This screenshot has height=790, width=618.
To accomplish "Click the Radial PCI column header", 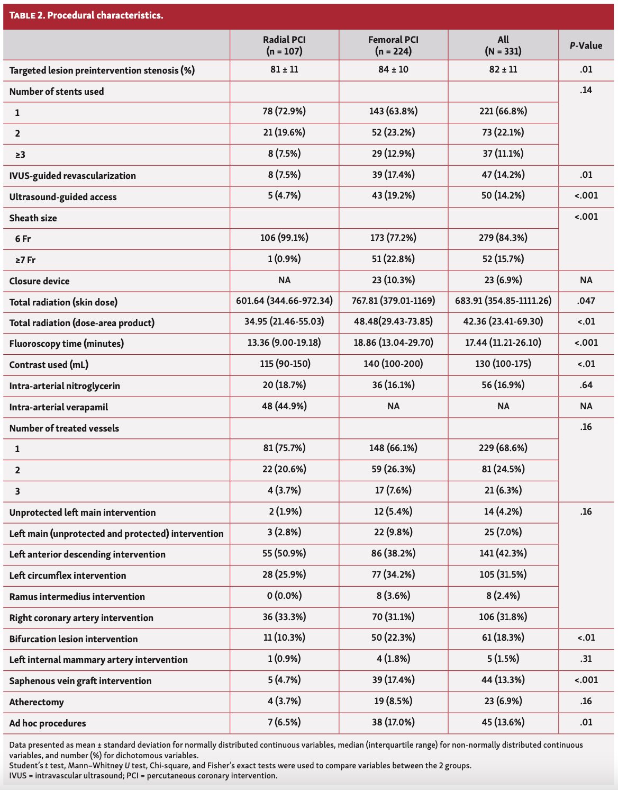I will click(284, 45).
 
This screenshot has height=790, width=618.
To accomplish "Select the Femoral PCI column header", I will click(393, 45).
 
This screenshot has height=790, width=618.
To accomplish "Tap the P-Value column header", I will click(586, 46).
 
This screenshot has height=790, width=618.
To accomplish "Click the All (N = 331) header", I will click(503, 45).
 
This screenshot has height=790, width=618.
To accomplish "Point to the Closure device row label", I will click(40, 281).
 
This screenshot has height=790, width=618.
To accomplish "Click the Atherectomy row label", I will click(37, 702).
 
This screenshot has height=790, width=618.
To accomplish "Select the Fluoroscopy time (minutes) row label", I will click(67, 344).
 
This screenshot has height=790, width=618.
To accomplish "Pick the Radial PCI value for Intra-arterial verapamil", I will click(284, 406).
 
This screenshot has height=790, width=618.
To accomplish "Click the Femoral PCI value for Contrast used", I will click(393, 364).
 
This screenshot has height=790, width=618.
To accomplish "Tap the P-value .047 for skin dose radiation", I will click(586, 301).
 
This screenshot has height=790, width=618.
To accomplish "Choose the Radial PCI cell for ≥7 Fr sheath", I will click(284, 259).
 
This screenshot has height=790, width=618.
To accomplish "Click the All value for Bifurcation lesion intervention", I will click(503, 638).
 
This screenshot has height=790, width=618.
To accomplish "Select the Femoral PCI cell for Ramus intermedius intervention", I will click(393, 596).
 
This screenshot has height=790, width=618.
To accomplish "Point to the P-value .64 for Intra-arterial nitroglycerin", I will click(586, 385).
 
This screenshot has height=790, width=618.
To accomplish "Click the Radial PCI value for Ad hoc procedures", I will click(284, 722).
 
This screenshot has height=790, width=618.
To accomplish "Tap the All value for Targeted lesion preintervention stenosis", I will click(503, 69).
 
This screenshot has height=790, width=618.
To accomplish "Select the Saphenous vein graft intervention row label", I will click(80, 681).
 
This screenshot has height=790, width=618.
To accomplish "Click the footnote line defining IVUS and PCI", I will click(143, 776).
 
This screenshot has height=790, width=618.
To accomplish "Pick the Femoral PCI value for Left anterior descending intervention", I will click(393, 553).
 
